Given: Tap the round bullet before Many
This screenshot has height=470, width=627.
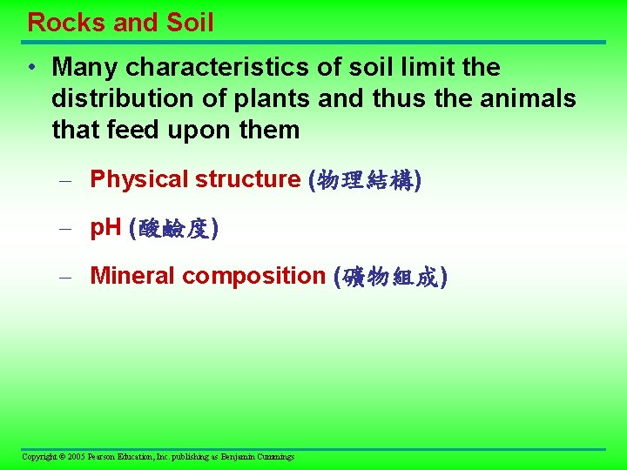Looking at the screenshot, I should (x=31, y=68).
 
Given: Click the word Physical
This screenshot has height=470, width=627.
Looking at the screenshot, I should (x=139, y=179).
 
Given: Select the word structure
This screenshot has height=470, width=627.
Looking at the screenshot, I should (x=247, y=179).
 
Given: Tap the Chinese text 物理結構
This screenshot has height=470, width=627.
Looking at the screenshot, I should (x=366, y=180).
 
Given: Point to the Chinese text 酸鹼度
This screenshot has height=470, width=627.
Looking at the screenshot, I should (x=173, y=229).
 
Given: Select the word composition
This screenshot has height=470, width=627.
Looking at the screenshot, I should (x=253, y=276).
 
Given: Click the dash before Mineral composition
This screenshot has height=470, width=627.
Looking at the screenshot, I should (x=64, y=277).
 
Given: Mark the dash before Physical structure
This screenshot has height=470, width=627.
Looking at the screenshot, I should (x=64, y=180).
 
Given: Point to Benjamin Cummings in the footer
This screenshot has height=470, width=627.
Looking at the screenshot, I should (x=258, y=457).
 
